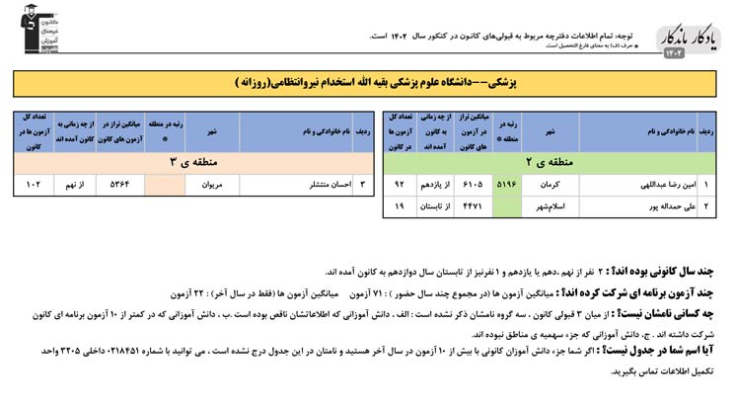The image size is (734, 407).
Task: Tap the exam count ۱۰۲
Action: pyautogui.click(x=36, y=184)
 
